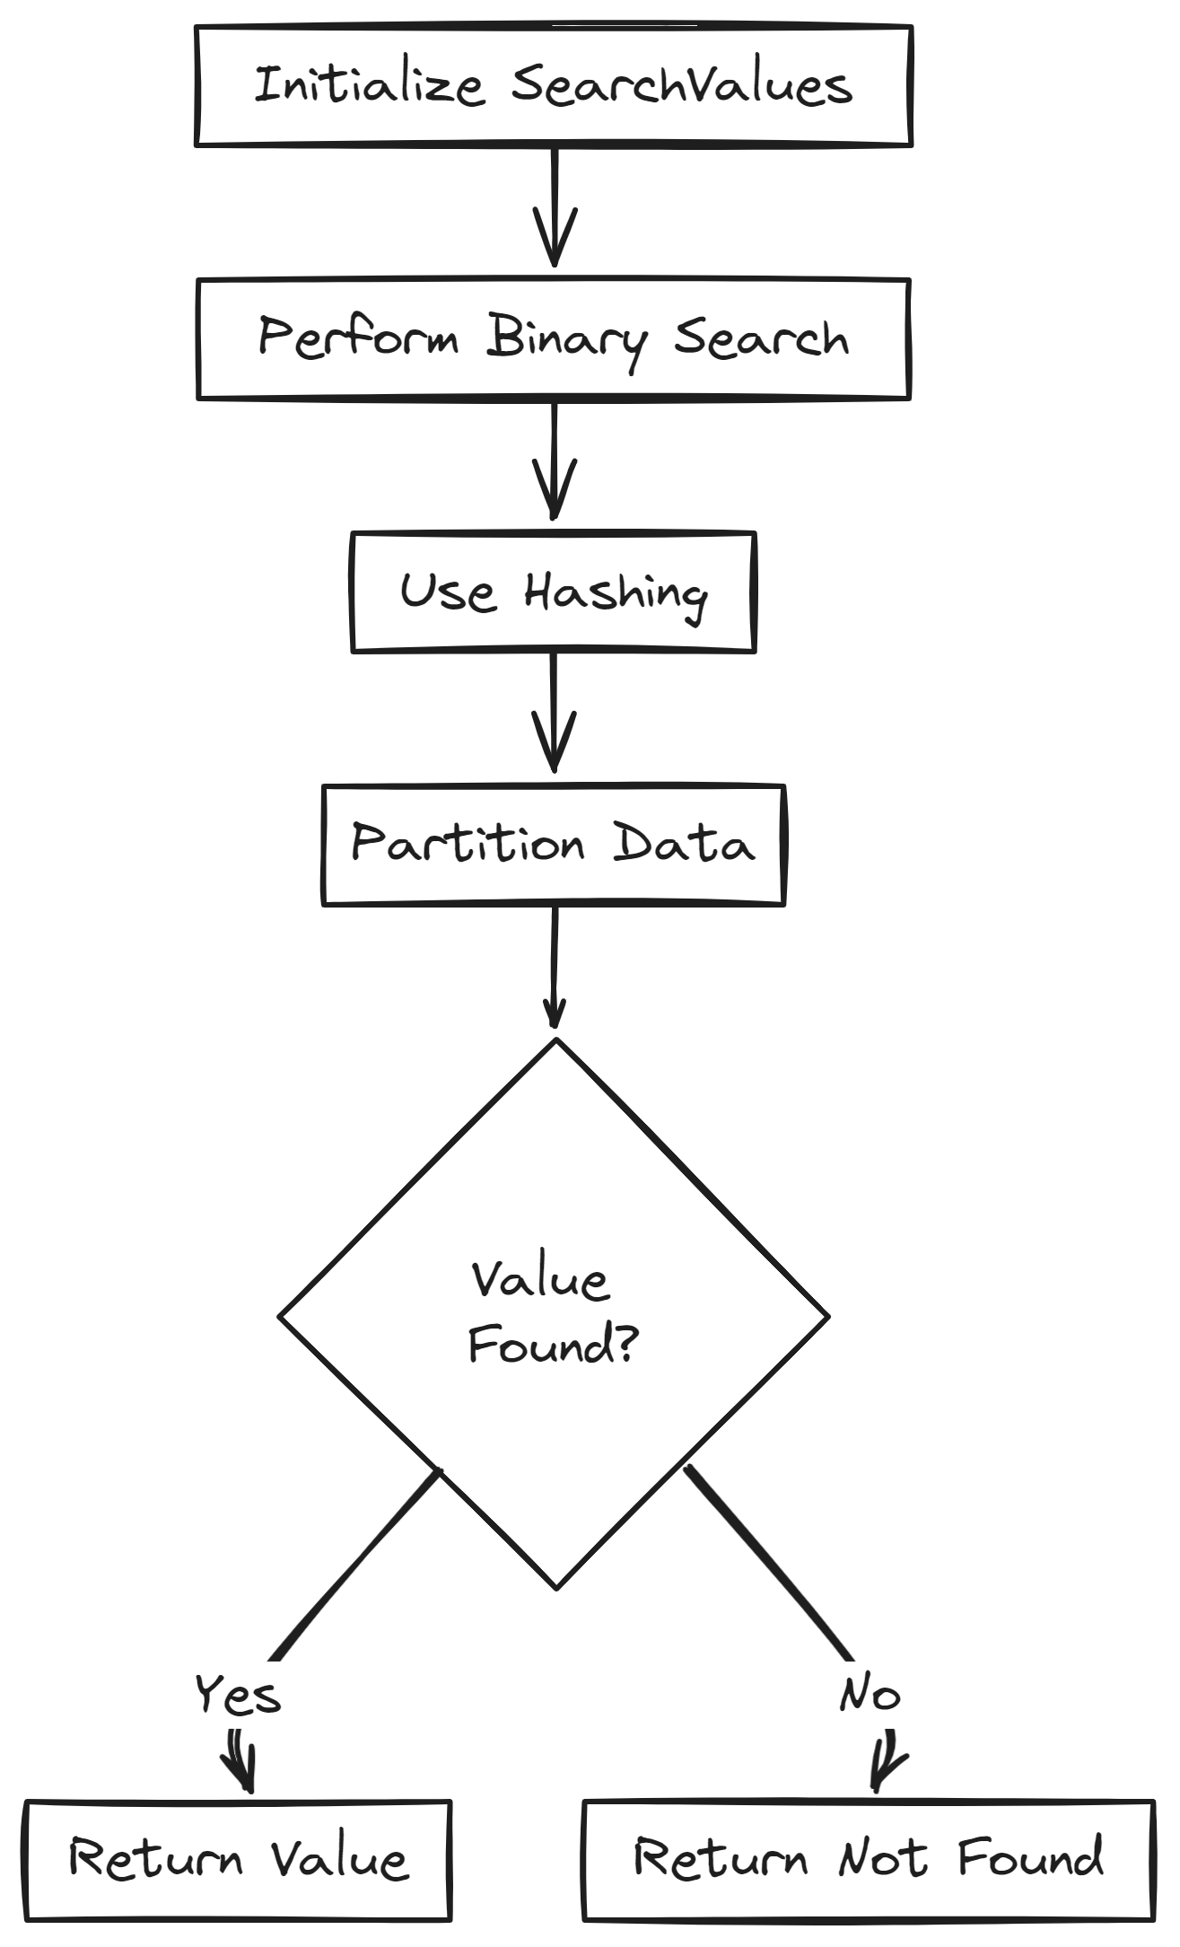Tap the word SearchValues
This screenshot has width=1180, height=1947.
click(682, 86)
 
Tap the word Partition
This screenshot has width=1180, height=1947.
click(468, 845)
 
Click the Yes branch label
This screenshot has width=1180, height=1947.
click(238, 1695)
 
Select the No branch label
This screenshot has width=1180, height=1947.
click(869, 1695)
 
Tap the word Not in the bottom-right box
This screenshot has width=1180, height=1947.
click(882, 1858)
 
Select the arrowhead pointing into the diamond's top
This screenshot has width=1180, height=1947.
click(554, 1019)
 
